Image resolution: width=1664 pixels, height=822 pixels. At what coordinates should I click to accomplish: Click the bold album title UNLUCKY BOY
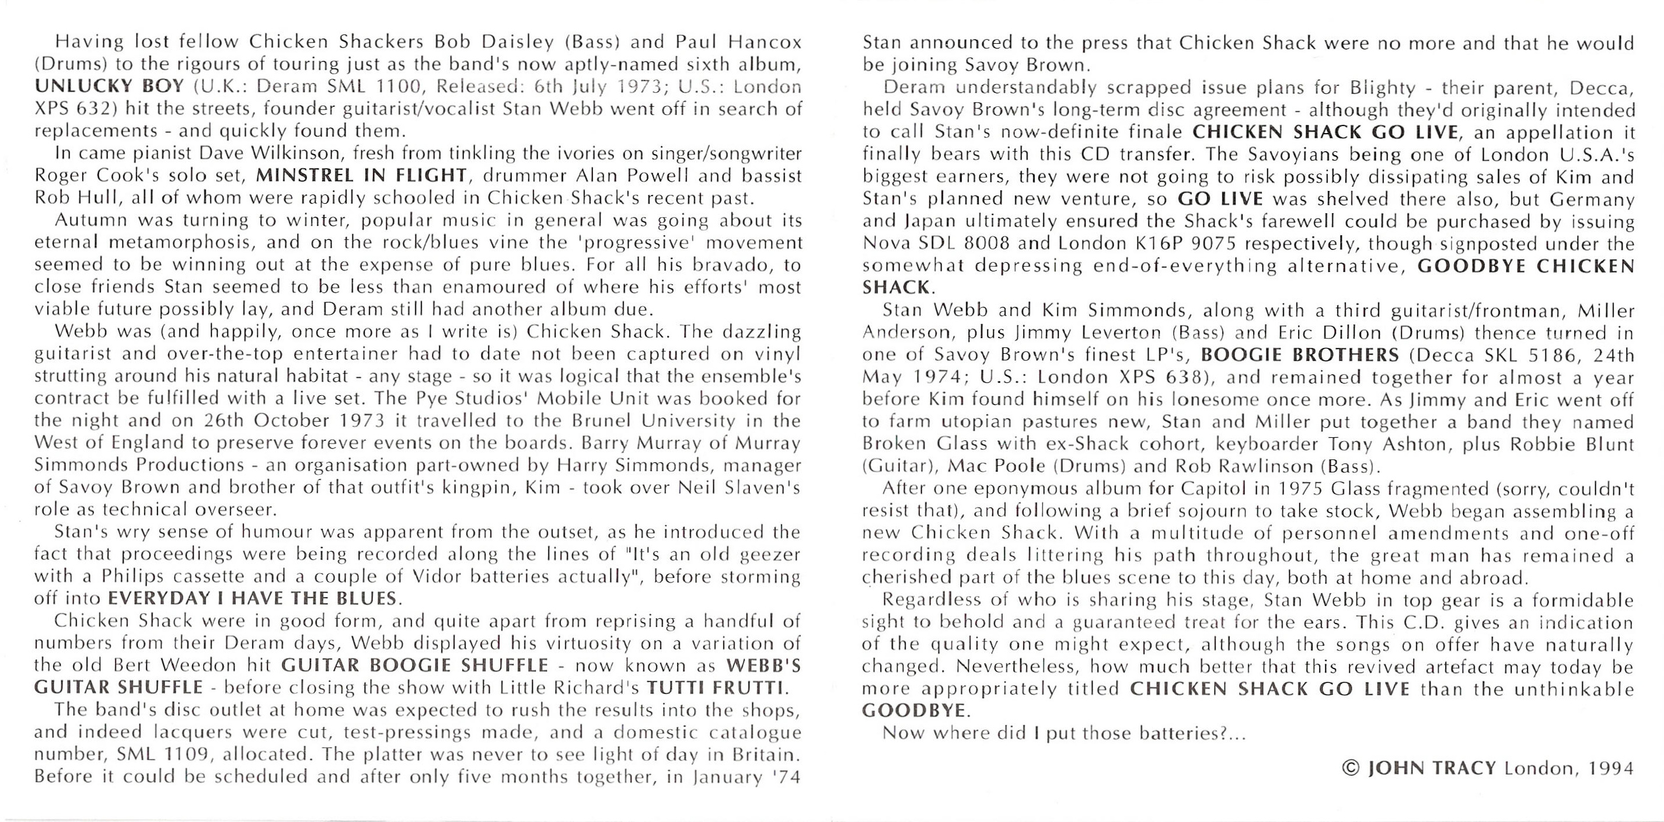[x=110, y=86]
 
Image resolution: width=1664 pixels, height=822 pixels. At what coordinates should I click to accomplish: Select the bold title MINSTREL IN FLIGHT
[x=361, y=175]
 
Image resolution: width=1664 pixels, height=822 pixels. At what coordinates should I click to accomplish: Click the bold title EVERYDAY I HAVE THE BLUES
[x=252, y=598]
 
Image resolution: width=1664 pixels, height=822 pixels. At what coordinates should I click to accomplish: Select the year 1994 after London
[x=1611, y=768]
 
